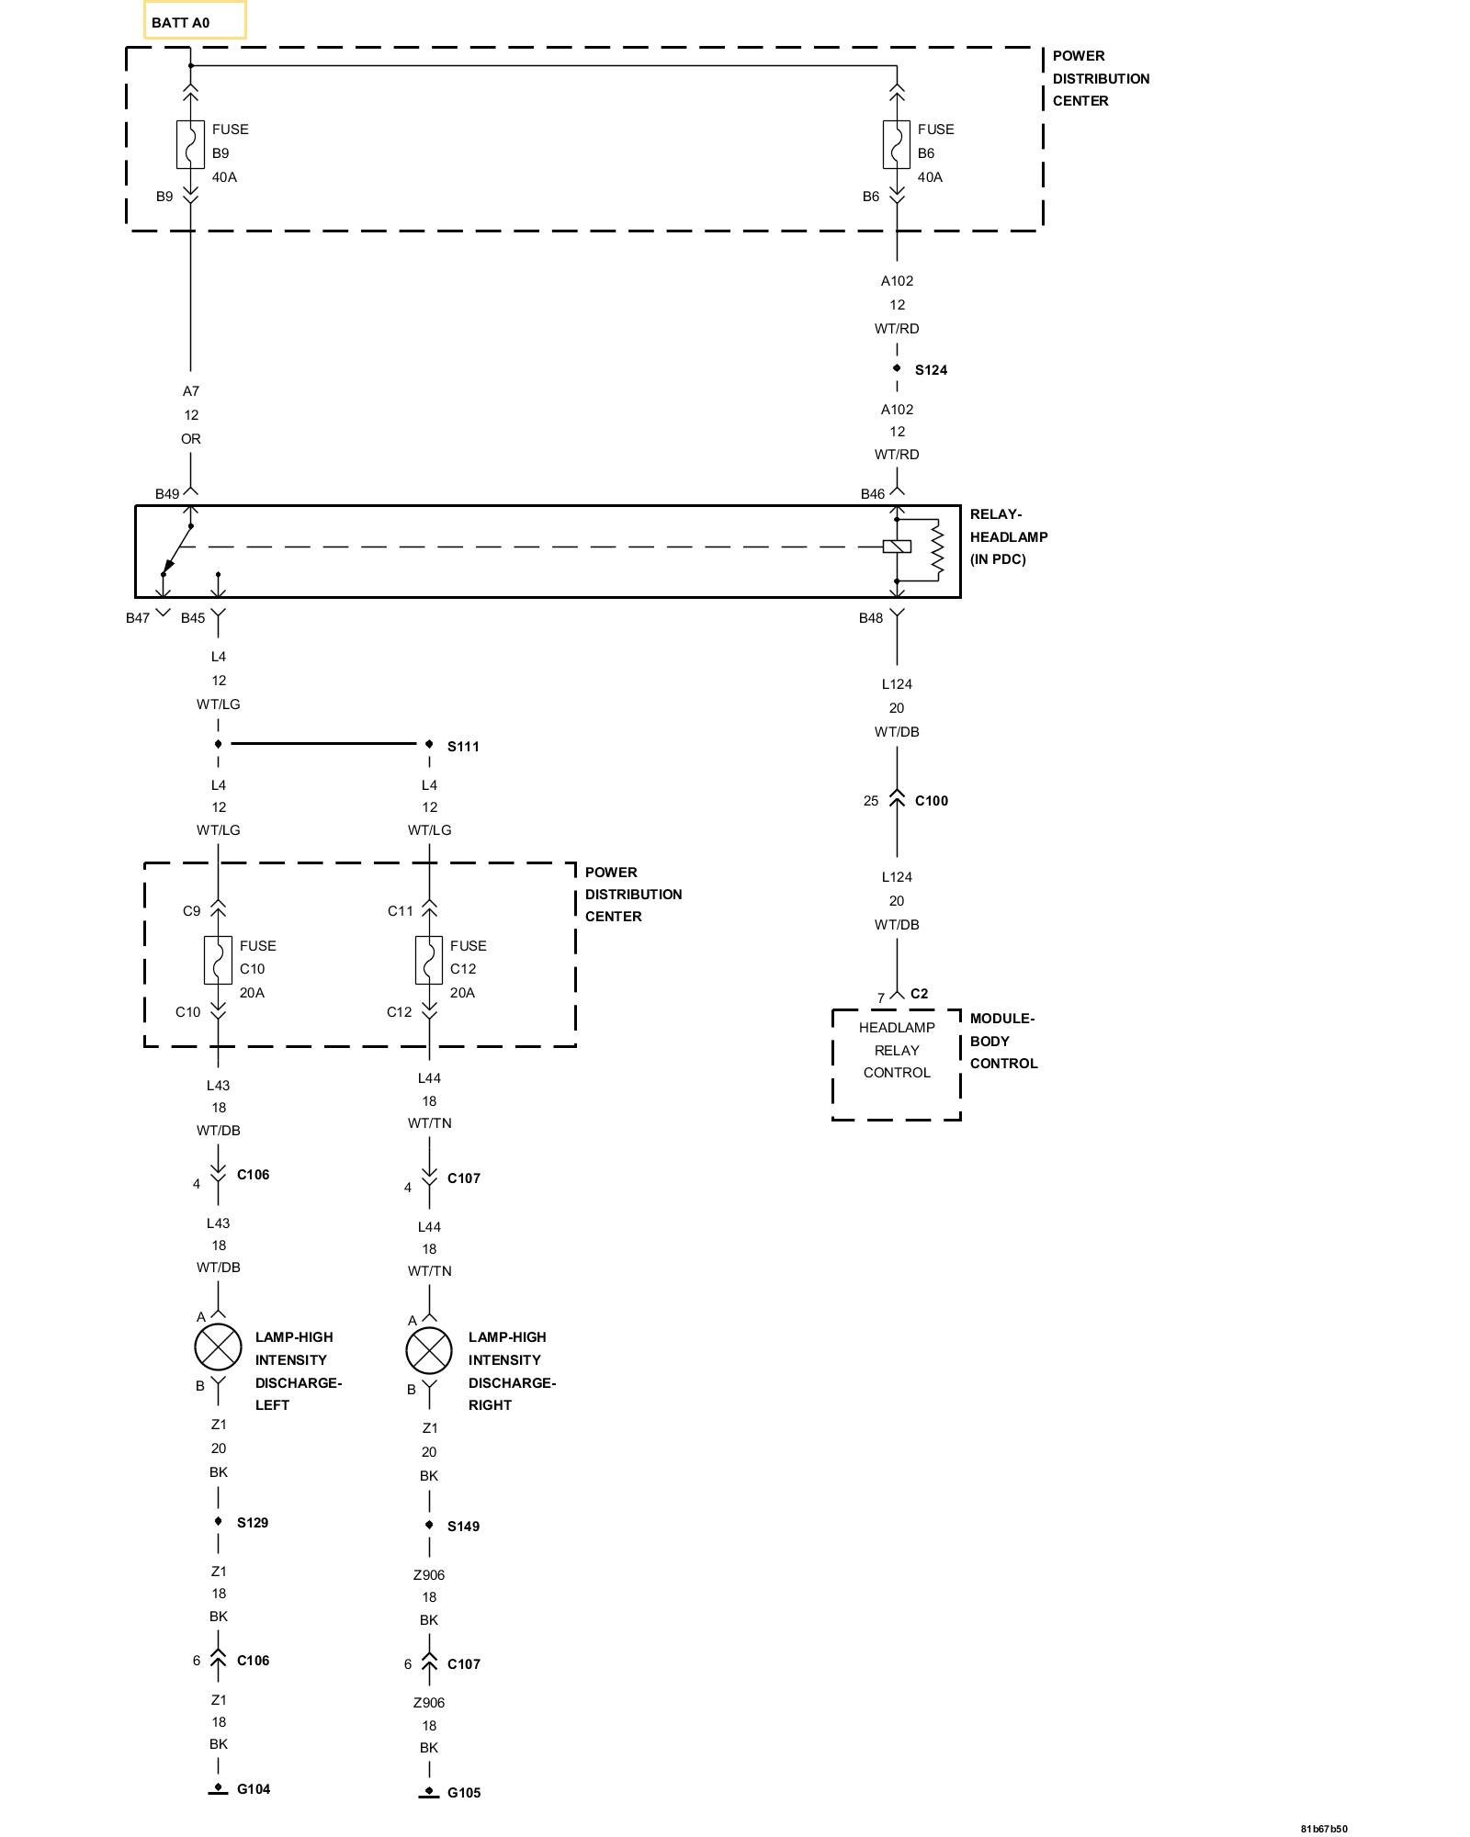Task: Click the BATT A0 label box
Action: click(x=195, y=21)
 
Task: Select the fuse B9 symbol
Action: click(x=190, y=145)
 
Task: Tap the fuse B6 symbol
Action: click(x=896, y=145)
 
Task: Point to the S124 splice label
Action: click(x=931, y=370)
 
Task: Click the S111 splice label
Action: click(x=463, y=747)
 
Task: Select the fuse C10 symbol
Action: click(x=218, y=961)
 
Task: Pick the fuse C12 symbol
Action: click(x=429, y=961)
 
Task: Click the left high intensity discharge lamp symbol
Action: click(x=218, y=1347)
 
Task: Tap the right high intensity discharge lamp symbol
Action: click(x=429, y=1351)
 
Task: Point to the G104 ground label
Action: click(x=254, y=1788)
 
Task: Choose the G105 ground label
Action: click(x=464, y=1792)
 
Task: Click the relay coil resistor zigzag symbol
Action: click(x=936, y=549)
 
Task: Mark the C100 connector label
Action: click(x=932, y=801)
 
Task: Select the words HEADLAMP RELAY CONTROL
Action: click(x=897, y=1050)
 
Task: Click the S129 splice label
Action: click(x=253, y=1522)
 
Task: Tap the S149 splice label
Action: click(x=463, y=1526)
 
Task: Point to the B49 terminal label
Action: click(x=167, y=494)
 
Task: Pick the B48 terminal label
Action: click(x=871, y=618)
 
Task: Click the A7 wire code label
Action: click(x=191, y=391)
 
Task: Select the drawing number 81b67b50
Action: click(x=1324, y=1828)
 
